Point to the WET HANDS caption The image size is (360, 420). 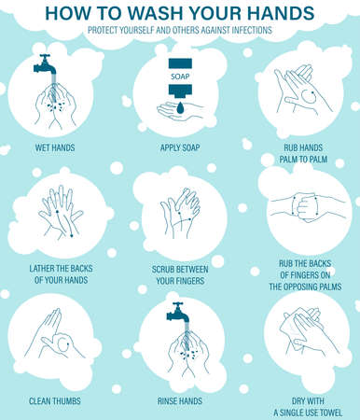pyautogui.click(x=56, y=147)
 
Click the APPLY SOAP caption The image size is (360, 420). pyautogui.click(x=179, y=147)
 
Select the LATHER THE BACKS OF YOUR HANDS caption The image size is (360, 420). pyautogui.click(x=57, y=277)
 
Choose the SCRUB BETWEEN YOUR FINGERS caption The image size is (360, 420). pyautogui.click(x=180, y=277)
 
